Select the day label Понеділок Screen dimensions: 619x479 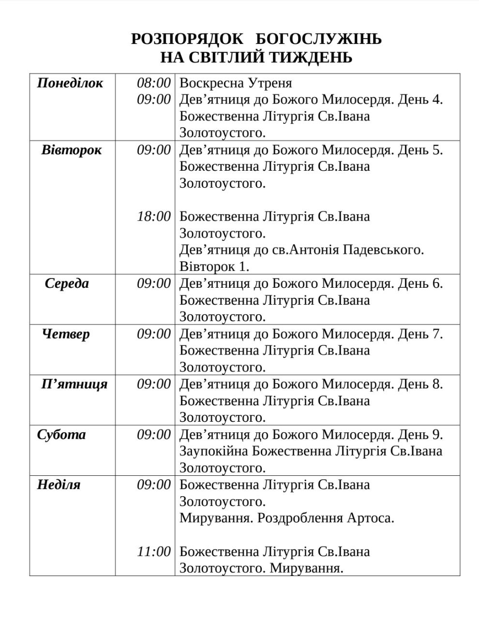70,83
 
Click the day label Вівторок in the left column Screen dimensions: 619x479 72,149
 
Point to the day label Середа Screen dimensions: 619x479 67,283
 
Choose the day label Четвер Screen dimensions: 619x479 66,334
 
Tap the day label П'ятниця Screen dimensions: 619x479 74,384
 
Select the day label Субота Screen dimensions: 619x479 61,434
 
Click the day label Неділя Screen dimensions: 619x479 59,485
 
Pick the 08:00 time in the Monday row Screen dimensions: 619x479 154,83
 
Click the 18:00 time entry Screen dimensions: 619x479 154,216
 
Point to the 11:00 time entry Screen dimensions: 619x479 154,551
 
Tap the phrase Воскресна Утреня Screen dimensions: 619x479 236,83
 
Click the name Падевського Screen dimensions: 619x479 383,250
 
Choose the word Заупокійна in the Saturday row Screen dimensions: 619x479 214,451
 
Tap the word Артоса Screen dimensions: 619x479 370,518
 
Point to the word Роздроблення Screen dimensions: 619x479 300,518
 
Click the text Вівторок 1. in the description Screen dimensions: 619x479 214,266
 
